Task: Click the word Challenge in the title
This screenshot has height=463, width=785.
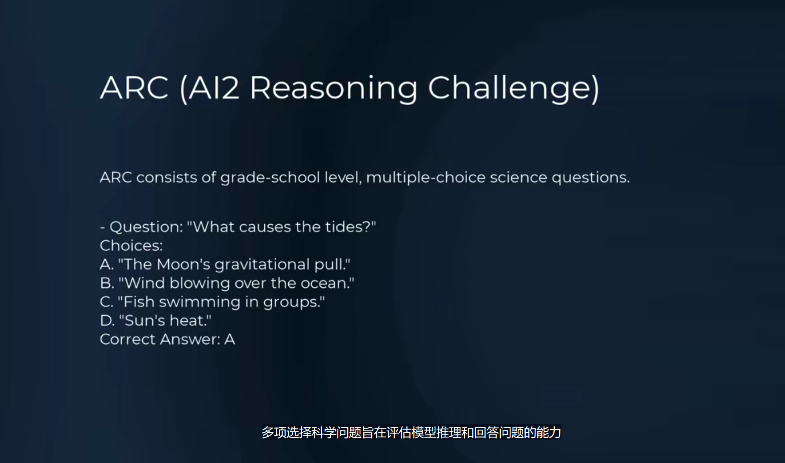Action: point(513,88)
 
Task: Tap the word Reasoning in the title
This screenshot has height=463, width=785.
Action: point(333,89)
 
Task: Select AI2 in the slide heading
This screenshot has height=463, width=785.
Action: point(210,88)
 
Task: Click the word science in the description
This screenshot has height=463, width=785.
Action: point(519,178)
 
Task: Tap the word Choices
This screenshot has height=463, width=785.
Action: point(131,246)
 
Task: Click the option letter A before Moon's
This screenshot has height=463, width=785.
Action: point(106,265)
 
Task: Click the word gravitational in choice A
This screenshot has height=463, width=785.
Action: point(262,265)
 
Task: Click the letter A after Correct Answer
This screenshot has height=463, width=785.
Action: point(230,339)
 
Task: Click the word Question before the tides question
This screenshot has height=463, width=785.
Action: point(145,227)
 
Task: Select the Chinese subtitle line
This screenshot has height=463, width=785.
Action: point(411,432)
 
